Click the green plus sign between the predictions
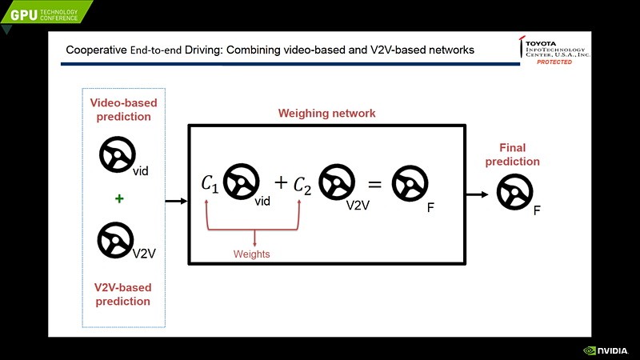pos(119,198)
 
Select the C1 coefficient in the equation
pos(210,185)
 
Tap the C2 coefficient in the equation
pos(302,185)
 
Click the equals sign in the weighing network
pos(373,184)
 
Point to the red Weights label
pos(252,254)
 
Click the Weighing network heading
pos(326,114)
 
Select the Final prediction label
pos(518,154)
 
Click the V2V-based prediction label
pos(122,294)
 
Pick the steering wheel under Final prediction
pos(514,193)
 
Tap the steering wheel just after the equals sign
pos(407,183)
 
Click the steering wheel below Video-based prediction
pos(117,154)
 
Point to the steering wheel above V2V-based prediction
pos(115,239)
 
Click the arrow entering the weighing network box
pos(176,201)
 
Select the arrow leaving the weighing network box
pos(478,194)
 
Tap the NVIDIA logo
pos(605,350)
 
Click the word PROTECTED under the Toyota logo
pos(554,62)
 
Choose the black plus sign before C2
pos(281,183)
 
